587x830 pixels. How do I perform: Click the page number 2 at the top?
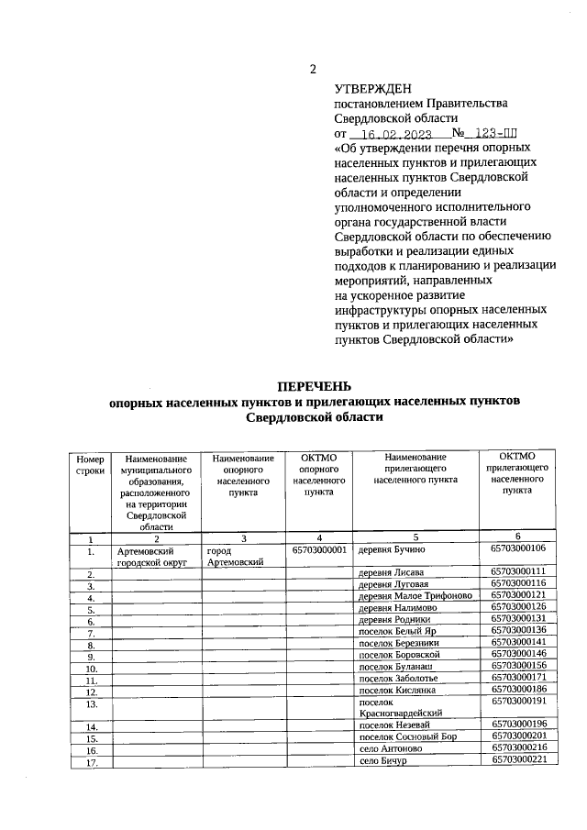(x=313, y=70)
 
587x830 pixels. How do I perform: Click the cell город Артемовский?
(x=235, y=556)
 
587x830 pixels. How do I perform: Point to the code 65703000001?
(x=319, y=550)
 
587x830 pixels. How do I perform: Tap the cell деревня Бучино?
(x=390, y=550)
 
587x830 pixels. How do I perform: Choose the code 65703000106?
(x=518, y=549)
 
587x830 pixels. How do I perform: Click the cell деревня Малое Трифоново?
(x=414, y=595)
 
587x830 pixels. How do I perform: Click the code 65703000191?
(x=518, y=702)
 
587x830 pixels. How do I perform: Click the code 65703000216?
(x=518, y=748)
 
